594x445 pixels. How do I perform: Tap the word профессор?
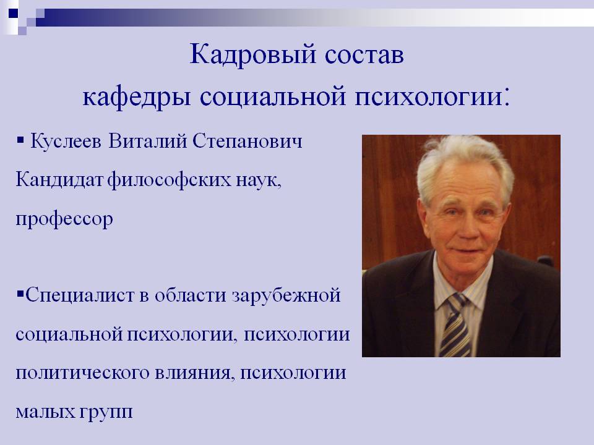coord(64,221)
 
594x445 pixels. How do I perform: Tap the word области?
coord(191,295)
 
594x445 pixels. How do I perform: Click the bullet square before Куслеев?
coord(20,142)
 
